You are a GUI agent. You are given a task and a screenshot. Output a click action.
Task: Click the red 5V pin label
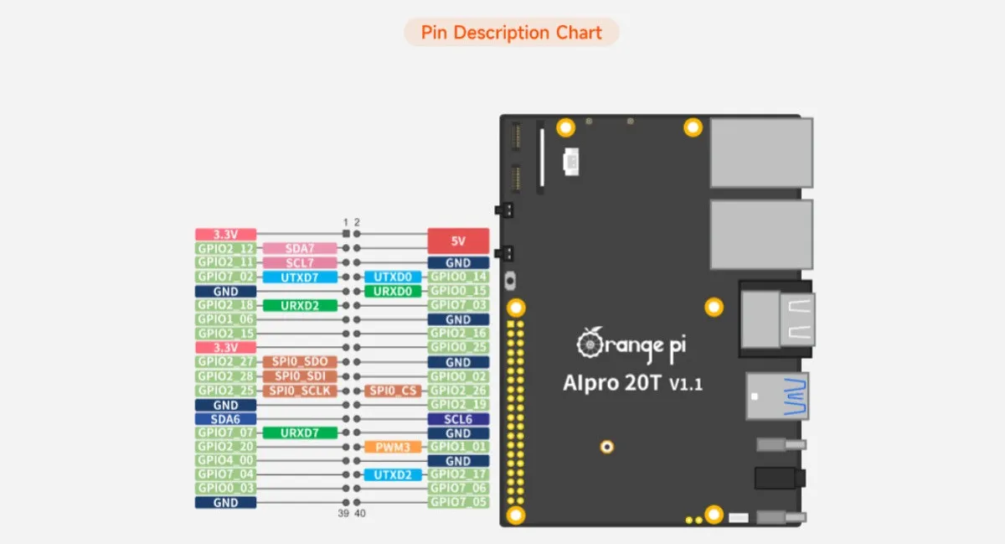pyautogui.click(x=458, y=241)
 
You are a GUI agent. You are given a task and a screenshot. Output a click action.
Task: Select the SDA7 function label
pyautogui.click(x=300, y=249)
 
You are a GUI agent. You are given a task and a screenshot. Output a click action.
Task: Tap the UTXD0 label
pyautogui.click(x=393, y=277)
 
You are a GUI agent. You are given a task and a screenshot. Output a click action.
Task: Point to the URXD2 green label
pyautogui.click(x=300, y=306)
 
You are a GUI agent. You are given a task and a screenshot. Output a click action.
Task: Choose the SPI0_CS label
pyautogui.click(x=393, y=391)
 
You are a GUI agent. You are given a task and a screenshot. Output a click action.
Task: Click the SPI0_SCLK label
pyautogui.click(x=300, y=391)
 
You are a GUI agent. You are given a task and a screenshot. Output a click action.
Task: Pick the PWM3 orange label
pyautogui.click(x=393, y=448)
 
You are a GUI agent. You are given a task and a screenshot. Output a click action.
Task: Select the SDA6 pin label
pyautogui.click(x=225, y=419)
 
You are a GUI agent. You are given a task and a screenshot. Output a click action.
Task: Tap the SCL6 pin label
pyautogui.click(x=458, y=419)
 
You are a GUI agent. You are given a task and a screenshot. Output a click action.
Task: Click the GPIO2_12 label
pyautogui.click(x=225, y=249)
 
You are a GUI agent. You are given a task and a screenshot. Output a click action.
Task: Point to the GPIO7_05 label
pyautogui.click(x=458, y=502)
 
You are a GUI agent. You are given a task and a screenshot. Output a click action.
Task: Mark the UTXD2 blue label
pyautogui.click(x=393, y=475)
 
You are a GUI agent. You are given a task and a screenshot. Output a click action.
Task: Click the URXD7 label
pyautogui.click(x=300, y=433)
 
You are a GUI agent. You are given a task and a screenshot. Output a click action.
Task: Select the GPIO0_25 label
pyautogui.click(x=458, y=347)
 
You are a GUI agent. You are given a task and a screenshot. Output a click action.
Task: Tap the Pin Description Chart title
pyautogui.click(x=511, y=33)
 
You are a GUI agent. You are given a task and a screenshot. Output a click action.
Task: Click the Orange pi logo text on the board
pyautogui.click(x=633, y=343)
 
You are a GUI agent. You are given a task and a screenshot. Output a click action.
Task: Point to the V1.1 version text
pyautogui.click(x=685, y=385)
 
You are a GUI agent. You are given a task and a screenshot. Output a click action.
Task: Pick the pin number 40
pyautogui.click(x=360, y=513)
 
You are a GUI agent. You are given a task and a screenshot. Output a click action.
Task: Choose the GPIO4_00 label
pyautogui.click(x=225, y=460)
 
